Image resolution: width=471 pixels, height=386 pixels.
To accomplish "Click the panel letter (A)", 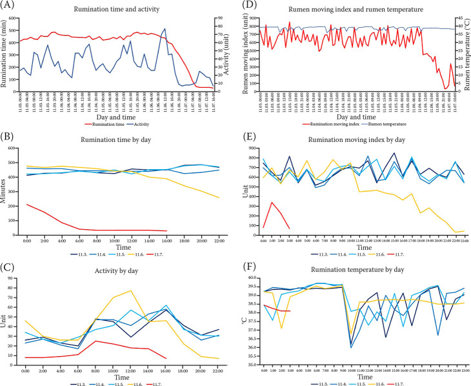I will point(8,5).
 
